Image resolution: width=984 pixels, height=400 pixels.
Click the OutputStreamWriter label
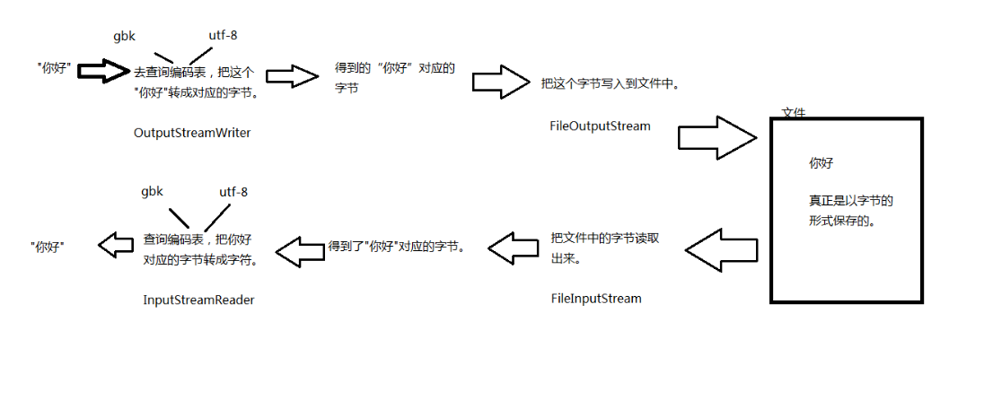point(191,133)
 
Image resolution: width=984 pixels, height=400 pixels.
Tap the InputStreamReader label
point(198,300)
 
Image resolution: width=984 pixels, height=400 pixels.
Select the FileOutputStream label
point(599,126)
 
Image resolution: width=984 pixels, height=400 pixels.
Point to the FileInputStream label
point(596,298)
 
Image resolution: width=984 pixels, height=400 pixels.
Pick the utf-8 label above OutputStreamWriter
point(224,37)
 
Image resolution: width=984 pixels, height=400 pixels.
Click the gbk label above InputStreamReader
point(152,192)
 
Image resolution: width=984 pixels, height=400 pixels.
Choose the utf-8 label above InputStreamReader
point(233,192)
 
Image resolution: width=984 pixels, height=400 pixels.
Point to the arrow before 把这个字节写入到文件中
point(501,82)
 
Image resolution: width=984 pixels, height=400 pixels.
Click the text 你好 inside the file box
point(821,164)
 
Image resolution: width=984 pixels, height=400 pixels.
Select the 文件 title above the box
point(794,113)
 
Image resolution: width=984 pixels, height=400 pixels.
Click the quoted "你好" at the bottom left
point(48,246)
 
